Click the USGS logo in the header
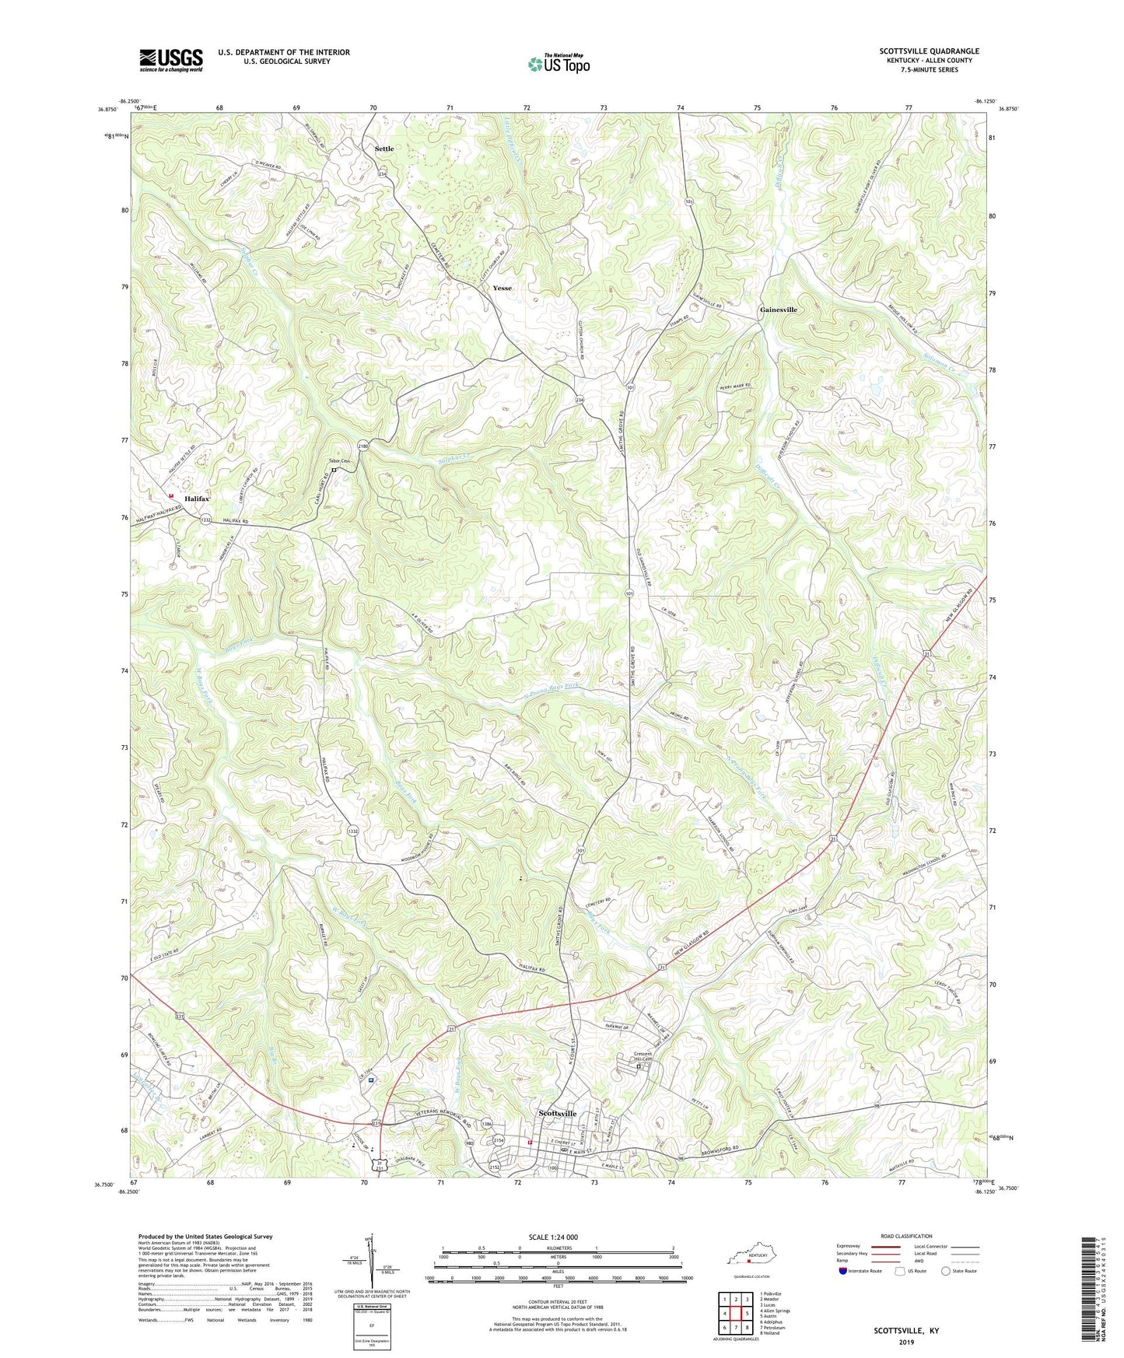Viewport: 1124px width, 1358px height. (x=171, y=60)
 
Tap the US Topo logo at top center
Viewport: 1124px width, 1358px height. (x=558, y=64)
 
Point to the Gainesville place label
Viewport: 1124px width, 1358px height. (x=778, y=310)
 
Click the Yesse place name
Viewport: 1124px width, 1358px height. (x=502, y=288)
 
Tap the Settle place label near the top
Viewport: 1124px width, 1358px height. (x=384, y=149)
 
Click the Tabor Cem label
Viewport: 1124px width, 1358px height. (x=339, y=461)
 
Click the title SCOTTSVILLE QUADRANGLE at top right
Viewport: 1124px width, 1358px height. (x=929, y=51)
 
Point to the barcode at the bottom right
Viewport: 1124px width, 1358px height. (x=1090, y=1292)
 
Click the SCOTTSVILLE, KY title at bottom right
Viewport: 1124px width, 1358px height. (x=905, y=1331)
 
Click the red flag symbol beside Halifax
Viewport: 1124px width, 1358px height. (x=170, y=495)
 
